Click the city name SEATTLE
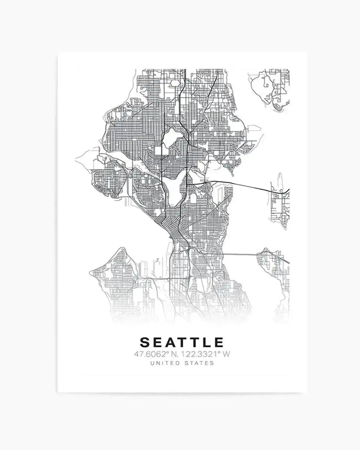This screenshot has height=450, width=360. point(182,342)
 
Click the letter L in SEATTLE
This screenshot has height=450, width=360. point(207,342)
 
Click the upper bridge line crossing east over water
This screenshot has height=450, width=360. point(240,184)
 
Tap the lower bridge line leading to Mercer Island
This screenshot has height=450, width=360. point(240,254)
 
